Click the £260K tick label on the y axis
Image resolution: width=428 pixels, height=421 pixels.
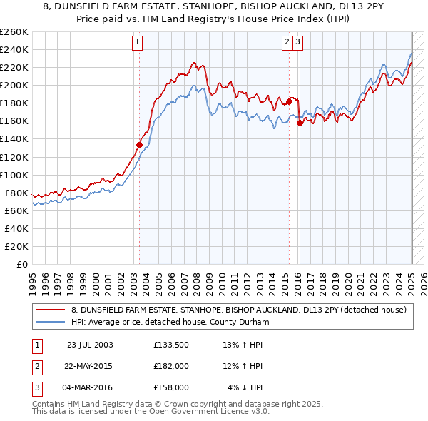click(x=14, y=32)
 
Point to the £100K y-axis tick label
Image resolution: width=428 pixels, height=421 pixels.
click(x=14, y=175)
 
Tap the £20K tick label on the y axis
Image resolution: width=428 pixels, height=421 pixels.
click(x=17, y=246)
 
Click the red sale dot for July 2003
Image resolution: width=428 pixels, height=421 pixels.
click(x=140, y=145)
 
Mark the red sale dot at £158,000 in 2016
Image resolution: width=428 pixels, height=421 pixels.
click(x=300, y=123)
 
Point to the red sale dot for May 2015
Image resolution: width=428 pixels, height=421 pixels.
click(x=290, y=101)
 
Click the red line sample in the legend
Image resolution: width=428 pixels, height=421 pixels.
click(x=51, y=310)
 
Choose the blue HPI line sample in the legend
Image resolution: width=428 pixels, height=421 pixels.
click(x=51, y=322)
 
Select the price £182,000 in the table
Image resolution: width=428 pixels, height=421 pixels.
click(x=170, y=366)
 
